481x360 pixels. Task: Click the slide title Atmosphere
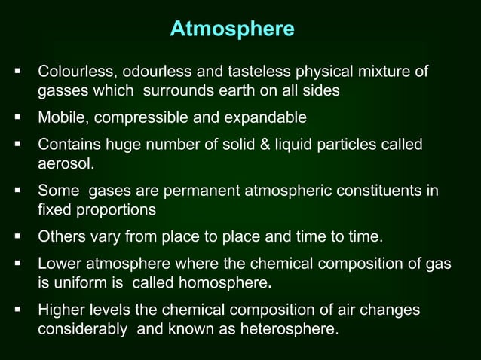pos(231,29)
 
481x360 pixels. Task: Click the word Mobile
pos(61,118)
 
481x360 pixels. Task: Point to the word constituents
pos(374,190)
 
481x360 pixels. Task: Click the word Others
pos(61,238)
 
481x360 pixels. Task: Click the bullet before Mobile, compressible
pos(16,118)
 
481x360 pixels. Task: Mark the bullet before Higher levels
pos(16,310)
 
